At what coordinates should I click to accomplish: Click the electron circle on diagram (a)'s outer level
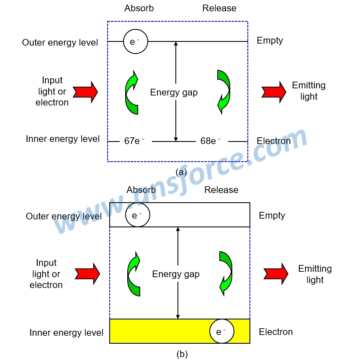click(x=136, y=41)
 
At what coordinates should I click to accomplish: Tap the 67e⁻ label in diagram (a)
click(x=134, y=141)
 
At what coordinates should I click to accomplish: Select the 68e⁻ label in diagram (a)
click(x=210, y=141)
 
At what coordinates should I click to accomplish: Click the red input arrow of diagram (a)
click(x=85, y=91)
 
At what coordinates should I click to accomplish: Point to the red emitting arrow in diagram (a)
click(x=274, y=91)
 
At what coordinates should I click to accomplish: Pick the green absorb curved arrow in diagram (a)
click(x=132, y=93)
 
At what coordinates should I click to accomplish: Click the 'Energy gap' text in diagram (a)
click(x=174, y=93)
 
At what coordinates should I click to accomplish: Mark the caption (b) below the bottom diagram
click(x=182, y=354)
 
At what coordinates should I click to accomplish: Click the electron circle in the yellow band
click(x=222, y=331)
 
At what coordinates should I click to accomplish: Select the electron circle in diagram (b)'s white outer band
click(x=137, y=215)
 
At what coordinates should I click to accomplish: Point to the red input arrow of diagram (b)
click(x=87, y=274)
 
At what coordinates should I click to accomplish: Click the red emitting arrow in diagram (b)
click(x=276, y=274)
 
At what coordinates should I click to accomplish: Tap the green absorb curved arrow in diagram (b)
click(x=134, y=274)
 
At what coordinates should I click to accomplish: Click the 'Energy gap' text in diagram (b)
click(x=176, y=274)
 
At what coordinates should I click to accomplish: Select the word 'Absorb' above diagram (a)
click(x=139, y=8)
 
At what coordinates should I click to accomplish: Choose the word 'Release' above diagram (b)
click(x=221, y=190)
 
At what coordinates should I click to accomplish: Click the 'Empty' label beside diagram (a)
click(x=270, y=41)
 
